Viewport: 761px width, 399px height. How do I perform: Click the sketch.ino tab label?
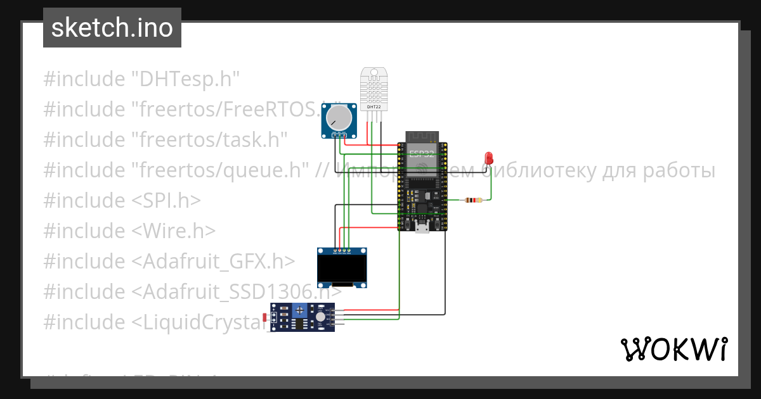(112, 28)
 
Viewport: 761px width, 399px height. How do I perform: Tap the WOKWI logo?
(673, 349)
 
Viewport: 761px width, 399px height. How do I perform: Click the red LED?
(488, 158)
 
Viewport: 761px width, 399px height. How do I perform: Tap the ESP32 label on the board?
(422, 154)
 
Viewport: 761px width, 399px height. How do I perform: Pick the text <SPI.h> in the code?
(166, 200)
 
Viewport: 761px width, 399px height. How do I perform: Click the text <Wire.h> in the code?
(174, 231)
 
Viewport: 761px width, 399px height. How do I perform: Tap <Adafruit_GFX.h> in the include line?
(213, 261)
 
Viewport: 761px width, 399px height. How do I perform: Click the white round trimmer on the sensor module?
(321, 317)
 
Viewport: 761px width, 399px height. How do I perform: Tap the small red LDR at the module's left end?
(265, 317)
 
